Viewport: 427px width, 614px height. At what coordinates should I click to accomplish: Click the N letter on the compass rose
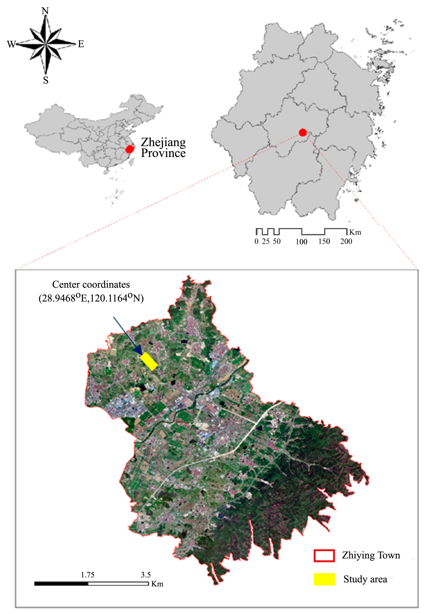[x=45, y=11]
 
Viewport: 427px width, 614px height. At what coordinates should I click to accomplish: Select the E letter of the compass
[x=81, y=44]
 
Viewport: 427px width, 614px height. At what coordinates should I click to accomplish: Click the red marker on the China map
[x=130, y=149]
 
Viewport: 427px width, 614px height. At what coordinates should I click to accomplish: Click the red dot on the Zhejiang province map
[x=303, y=132]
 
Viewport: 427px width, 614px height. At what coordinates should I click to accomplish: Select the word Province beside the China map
[x=163, y=153]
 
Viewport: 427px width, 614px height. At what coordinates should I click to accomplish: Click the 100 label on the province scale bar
[x=301, y=242]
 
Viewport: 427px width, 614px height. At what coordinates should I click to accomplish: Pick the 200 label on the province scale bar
[x=346, y=242]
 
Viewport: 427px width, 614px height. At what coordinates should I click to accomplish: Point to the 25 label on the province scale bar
[x=266, y=242]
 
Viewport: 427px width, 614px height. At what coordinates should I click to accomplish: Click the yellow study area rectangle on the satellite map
[x=149, y=361]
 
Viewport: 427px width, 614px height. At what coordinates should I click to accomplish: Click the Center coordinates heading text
[x=91, y=285]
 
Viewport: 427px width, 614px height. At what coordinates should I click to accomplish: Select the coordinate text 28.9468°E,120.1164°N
[x=91, y=298]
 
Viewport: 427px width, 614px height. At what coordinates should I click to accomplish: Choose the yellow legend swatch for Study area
[x=324, y=579]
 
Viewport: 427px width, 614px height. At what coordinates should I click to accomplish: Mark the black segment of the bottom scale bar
[x=61, y=584]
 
